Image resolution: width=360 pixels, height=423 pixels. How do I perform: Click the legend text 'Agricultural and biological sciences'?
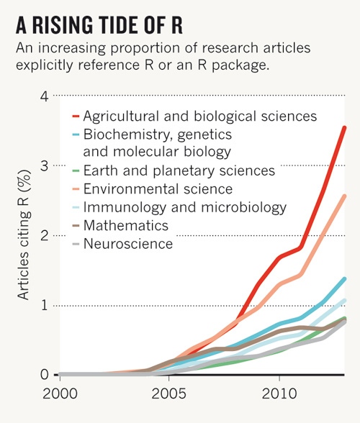point(199,115)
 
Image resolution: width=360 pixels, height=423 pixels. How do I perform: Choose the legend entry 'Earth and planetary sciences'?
point(179,170)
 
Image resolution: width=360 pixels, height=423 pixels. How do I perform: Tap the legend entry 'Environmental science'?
point(158,189)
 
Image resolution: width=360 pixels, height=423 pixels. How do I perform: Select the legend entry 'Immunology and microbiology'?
point(184,208)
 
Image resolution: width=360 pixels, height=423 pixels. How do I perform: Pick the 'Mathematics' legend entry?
point(125,226)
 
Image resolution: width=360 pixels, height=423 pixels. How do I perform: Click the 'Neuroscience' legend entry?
point(128,245)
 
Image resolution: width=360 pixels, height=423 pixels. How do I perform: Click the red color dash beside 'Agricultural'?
point(76,115)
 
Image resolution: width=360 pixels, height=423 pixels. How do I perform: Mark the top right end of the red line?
point(345,127)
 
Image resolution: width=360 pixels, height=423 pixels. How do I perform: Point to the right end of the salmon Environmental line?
point(345,196)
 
